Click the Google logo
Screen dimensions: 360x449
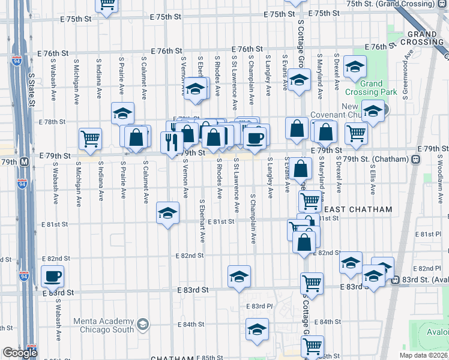(20, 353)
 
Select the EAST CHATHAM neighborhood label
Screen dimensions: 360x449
(358, 209)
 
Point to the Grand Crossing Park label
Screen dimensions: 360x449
(371, 88)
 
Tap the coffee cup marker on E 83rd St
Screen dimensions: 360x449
(52, 276)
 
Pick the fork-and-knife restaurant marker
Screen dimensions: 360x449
(172, 141)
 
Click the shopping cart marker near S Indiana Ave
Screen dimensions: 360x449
(90, 139)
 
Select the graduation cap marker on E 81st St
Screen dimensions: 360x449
(168, 212)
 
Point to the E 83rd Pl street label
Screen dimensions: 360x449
(259, 306)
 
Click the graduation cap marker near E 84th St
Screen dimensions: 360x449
(257, 329)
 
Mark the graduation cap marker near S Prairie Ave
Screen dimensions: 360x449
(122, 113)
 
